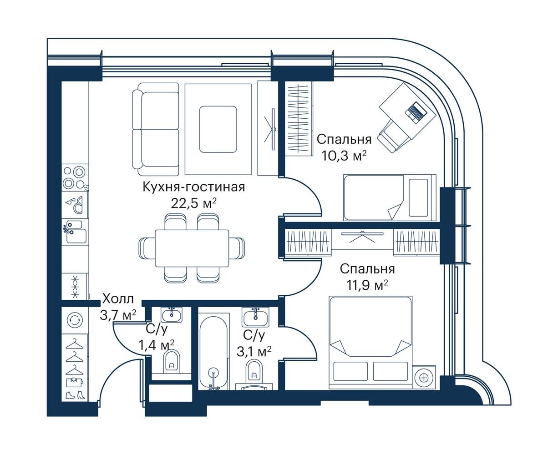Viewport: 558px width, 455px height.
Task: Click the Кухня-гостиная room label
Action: point(194,187)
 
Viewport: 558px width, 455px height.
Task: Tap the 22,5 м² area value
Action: point(194,203)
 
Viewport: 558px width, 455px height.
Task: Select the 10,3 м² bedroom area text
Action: point(344,156)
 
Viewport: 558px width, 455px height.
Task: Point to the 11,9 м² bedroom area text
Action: point(367,285)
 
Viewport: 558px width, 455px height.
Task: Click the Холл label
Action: point(118,299)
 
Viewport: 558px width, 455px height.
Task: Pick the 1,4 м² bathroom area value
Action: point(157,345)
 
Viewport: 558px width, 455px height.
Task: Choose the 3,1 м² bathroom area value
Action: point(254,352)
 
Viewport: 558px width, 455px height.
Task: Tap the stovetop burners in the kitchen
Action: point(75,177)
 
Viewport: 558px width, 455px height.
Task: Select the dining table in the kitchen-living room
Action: point(192,248)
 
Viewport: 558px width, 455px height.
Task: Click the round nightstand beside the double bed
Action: point(424,377)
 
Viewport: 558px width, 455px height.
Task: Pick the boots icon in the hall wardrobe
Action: point(75,395)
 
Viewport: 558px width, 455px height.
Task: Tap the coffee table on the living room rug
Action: point(218,129)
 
